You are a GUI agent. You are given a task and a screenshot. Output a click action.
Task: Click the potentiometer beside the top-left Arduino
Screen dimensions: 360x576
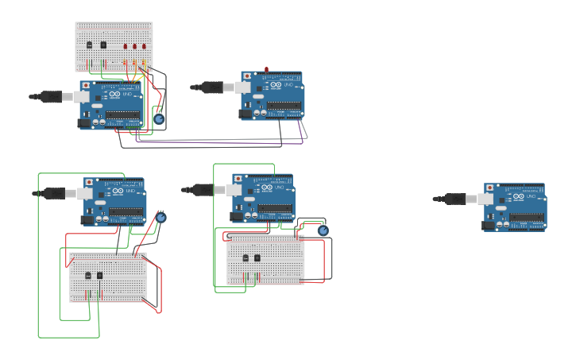click(159, 119)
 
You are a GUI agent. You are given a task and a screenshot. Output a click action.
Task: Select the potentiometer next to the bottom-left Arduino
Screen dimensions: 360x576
click(160, 217)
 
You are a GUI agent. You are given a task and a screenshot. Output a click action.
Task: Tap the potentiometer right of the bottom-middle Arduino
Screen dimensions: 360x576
click(323, 230)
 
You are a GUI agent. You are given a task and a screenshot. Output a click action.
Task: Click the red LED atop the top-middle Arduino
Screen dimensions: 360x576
click(266, 69)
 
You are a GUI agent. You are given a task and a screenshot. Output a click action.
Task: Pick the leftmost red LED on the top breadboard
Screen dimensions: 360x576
click(126, 46)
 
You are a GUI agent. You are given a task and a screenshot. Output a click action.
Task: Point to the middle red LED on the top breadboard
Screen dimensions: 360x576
click(135, 46)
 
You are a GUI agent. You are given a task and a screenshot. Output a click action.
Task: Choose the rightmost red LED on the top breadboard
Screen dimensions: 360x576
click(145, 46)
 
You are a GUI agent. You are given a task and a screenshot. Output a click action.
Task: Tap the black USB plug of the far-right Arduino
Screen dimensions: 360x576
click(454, 199)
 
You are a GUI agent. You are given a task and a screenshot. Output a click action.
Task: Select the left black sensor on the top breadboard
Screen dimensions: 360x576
click(89, 45)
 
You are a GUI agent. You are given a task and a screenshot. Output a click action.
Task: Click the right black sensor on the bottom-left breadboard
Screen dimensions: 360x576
click(99, 275)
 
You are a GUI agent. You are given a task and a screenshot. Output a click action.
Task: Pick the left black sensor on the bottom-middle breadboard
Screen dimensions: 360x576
click(245, 257)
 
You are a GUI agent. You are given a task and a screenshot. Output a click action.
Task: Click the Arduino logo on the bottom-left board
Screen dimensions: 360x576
click(117, 191)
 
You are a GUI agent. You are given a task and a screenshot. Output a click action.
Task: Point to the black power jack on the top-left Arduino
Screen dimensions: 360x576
click(83, 122)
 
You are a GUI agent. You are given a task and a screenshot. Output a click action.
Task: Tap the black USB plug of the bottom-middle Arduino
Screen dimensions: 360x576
click(203, 189)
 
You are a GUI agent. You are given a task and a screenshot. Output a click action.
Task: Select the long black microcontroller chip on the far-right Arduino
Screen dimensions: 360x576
click(527, 216)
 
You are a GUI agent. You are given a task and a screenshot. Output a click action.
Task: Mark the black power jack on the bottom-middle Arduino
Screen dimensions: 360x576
click(236, 215)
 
